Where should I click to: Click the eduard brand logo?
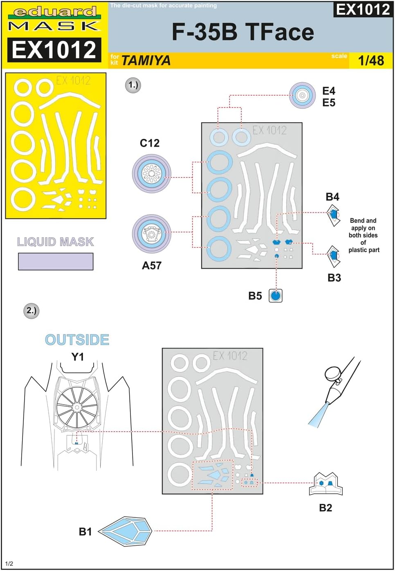coord(55,12)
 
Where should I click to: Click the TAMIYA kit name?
coord(146,60)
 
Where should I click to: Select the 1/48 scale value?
coord(371,60)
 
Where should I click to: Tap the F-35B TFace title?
coord(242,32)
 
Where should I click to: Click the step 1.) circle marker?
coord(133,85)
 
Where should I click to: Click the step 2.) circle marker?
coord(31,311)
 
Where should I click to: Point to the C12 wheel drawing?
coord(151,173)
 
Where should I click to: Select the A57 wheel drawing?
coord(151,234)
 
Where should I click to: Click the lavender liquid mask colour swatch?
coord(56,262)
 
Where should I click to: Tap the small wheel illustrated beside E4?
coord(302,96)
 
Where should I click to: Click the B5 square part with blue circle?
coord(276,296)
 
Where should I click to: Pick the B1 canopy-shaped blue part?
coord(126,531)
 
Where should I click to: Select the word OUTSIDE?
coord(77,340)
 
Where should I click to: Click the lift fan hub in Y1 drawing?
coord(76,408)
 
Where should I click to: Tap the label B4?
coord(332,197)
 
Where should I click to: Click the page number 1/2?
coord(9,564)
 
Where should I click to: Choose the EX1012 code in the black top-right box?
coord(363,9)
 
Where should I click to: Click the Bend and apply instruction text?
coord(364,235)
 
